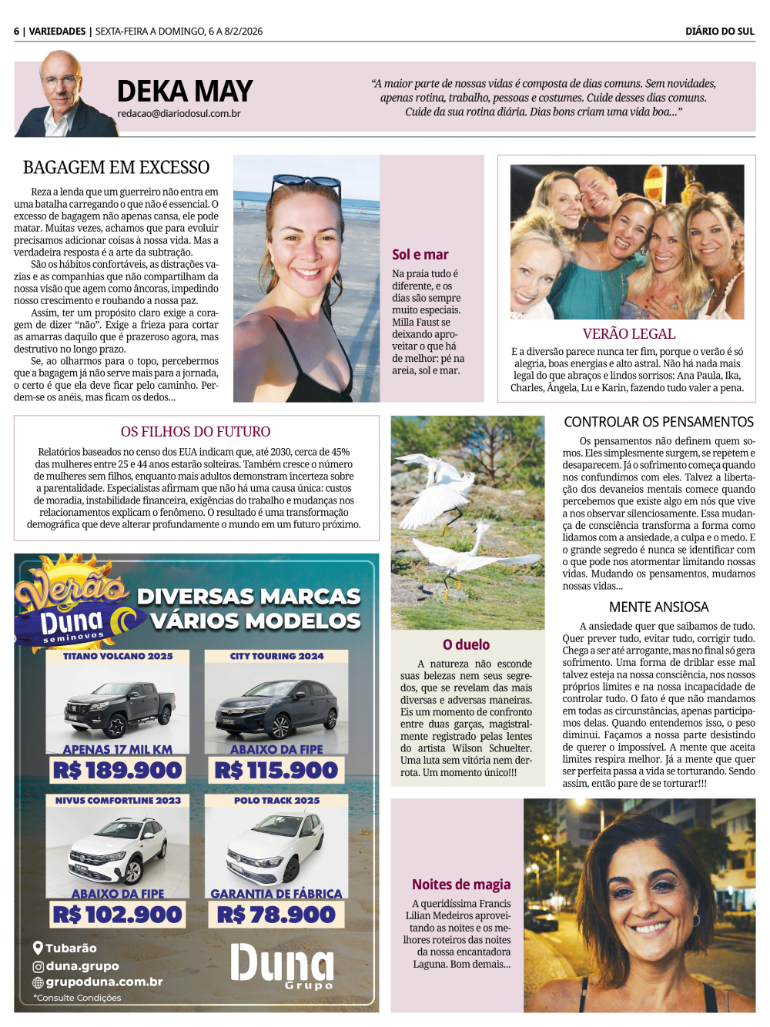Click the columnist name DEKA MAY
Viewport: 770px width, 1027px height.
coord(185,92)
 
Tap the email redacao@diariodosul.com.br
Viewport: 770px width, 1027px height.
coord(179,114)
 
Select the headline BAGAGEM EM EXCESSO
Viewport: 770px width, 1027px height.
coord(116,168)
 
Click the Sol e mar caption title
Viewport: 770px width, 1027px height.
coord(420,255)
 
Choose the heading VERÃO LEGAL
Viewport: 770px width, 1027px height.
coord(628,334)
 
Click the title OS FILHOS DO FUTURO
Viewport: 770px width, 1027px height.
coord(196,432)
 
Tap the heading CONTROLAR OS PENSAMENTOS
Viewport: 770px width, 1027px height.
coord(658,422)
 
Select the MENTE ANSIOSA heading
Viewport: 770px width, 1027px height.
coord(658,607)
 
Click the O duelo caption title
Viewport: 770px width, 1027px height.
coord(466,645)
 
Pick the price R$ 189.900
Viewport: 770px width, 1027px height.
coord(118,770)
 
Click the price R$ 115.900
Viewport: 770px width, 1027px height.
coord(276,770)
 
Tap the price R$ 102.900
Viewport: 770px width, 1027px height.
coord(118,915)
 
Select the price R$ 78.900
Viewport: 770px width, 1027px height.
coord(276,915)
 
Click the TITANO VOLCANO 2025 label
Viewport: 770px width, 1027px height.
coord(118,657)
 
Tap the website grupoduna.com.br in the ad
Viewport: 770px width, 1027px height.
coord(104,982)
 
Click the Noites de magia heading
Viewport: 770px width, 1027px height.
coord(461,885)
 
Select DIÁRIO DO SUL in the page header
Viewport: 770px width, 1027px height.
coord(720,32)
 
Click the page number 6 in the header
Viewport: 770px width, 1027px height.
coord(16,32)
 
